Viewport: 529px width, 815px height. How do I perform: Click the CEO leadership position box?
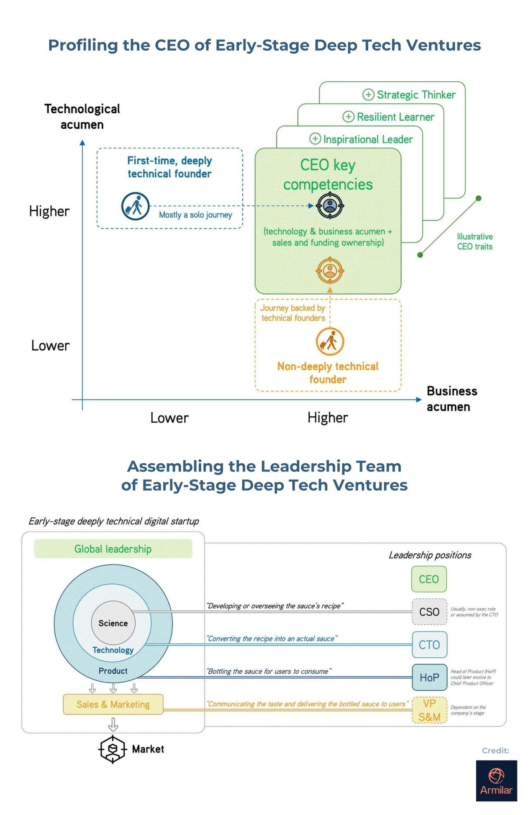click(x=429, y=579)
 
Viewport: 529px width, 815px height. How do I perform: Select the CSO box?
click(x=429, y=612)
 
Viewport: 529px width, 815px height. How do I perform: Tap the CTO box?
click(x=429, y=645)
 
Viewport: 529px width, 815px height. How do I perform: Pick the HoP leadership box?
click(x=429, y=677)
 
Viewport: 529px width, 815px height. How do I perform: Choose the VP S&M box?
click(x=429, y=710)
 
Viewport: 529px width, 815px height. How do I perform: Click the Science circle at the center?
click(x=113, y=623)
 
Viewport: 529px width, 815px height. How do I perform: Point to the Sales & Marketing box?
click(x=113, y=704)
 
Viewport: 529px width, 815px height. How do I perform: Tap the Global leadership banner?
click(x=113, y=549)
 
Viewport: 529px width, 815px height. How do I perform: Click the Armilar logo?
click(x=496, y=780)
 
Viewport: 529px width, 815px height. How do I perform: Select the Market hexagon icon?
click(x=112, y=749)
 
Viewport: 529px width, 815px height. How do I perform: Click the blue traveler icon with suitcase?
click(x=135, y=206)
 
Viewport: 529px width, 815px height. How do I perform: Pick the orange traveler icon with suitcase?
click(x=330, y=341)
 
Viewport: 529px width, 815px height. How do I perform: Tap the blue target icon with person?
click(x=330, y=205)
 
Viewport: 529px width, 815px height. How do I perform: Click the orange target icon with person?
click(x=330, y=271)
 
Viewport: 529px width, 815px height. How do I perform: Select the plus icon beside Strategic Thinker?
click(x=368, y=95)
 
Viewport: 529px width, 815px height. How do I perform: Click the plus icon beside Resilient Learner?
click(x=348, y=117)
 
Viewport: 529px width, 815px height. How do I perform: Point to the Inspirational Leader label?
click(x=368, y=139)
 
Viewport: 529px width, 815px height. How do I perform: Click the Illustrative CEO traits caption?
click(x=475, y=241)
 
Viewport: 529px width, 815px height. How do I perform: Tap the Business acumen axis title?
click(x=451, y=399)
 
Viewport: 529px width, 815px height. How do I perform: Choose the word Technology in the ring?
click(x=113, y=650)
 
